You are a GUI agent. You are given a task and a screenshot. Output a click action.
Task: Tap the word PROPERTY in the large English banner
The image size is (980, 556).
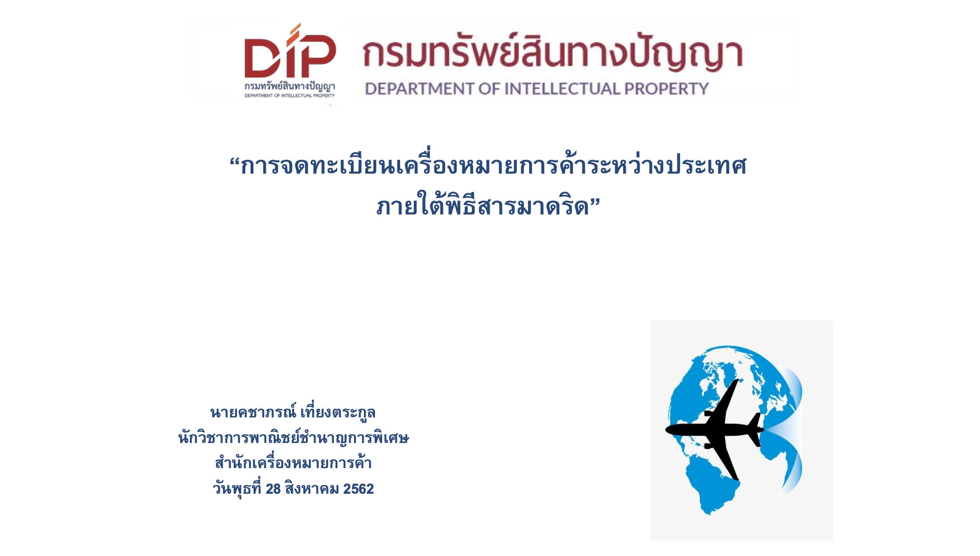(666, 89)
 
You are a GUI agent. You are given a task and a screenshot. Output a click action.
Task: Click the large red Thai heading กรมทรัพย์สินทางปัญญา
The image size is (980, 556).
(553, 52)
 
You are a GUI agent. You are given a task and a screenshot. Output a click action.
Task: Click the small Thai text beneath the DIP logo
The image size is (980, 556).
(290, 86)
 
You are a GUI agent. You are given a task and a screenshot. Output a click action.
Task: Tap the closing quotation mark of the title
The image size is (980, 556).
(595, 202)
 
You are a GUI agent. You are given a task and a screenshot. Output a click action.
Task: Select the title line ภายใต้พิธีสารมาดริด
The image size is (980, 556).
(483, 204)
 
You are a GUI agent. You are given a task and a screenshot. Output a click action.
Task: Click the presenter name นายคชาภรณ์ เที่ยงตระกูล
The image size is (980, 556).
(293, 412)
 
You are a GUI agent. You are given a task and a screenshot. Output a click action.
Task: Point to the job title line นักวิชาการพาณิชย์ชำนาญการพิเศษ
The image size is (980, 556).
(293, 437)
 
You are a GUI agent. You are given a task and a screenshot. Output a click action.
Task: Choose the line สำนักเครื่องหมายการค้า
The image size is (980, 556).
(293, 462)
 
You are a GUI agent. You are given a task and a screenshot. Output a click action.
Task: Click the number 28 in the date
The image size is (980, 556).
(273, 489)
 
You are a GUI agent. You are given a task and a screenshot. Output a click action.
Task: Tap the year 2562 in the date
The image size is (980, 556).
(359, 489)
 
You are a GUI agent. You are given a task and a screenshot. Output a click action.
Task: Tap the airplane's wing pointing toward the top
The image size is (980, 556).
(723, 400)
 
